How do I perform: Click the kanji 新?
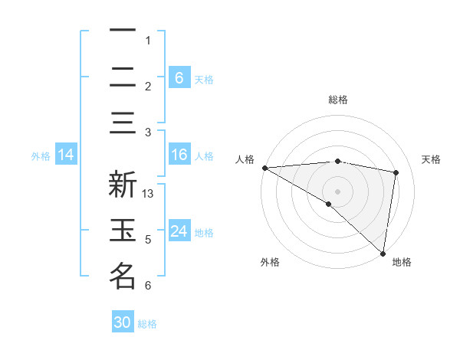click(x=123, y=186)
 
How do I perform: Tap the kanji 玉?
click(x=123, y=231)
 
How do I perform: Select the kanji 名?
click(x=123, y=276)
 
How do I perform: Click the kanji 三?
click(x=123, y=123)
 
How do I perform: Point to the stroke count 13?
click(x=149, y=194)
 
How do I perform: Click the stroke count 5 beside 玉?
click(x=148, y=240)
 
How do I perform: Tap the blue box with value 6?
click(x=179, y=77)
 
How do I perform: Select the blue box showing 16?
click(x=179, y=155)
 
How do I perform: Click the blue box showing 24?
click(x=179, y=231)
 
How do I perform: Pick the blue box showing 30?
click(x=123, y=322)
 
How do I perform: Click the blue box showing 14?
click(x=66, y=155)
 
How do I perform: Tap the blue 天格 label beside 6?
click(x=204, y=79)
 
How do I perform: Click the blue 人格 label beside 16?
click(x=204, y=155)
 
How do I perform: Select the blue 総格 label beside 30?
click(x=147, y=324)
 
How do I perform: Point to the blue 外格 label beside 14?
click(x=41, y=155)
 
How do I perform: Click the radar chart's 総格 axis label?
click(x=337, y=100)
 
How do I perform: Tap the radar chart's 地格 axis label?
click(x=402, y=262)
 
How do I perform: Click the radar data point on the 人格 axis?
click(x=264, y=168)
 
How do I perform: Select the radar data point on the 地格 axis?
click(x=382, y=253)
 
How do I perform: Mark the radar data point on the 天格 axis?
click(x=396, y=172)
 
